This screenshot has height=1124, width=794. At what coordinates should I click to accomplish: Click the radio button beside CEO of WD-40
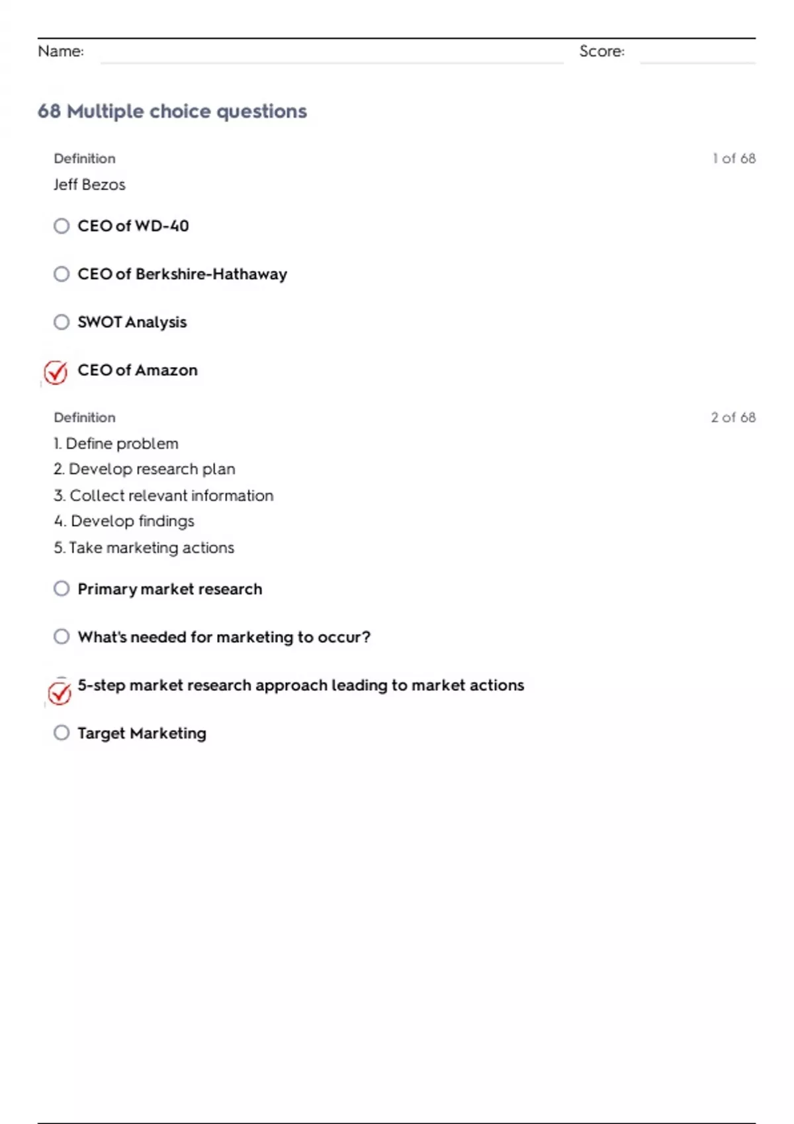62,226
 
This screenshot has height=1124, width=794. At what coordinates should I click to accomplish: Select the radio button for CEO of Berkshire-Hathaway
62,274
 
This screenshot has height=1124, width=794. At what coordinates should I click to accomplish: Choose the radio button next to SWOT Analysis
62,322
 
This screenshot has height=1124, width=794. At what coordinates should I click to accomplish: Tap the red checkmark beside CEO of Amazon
56,372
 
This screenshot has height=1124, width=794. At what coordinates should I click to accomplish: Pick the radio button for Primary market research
62,588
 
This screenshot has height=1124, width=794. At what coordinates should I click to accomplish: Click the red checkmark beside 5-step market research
60,693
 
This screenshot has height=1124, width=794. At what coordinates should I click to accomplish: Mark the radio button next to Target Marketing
62,733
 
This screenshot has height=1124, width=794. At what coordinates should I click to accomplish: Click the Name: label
61,52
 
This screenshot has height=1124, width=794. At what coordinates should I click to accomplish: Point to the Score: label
601,52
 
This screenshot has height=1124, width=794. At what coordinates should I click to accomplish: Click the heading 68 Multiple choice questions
172,111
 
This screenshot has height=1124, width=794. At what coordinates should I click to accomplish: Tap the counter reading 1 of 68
734,159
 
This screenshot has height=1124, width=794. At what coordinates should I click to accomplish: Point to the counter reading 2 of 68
733,417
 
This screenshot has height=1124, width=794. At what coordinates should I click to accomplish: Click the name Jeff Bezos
89,184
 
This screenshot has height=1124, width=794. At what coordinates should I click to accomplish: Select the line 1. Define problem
116,444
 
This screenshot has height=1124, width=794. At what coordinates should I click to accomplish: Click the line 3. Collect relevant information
163,495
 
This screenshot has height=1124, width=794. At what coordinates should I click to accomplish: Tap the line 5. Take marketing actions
144,547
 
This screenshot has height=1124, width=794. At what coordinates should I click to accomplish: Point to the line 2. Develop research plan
144,469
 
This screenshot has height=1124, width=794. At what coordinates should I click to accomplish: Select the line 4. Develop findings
124,521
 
